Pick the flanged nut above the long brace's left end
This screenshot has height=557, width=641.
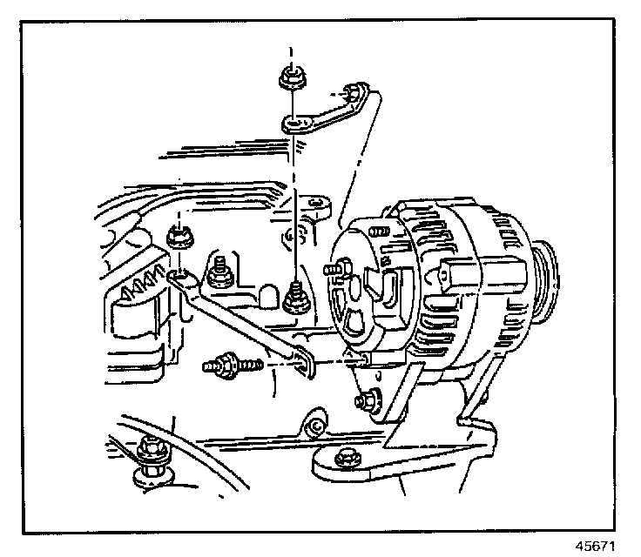[x=179, y=237]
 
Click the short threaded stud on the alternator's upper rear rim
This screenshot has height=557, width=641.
[x=380, y=232]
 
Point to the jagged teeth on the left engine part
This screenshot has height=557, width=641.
[x=140, y=284]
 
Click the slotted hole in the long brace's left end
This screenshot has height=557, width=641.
[x=181, y=278]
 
